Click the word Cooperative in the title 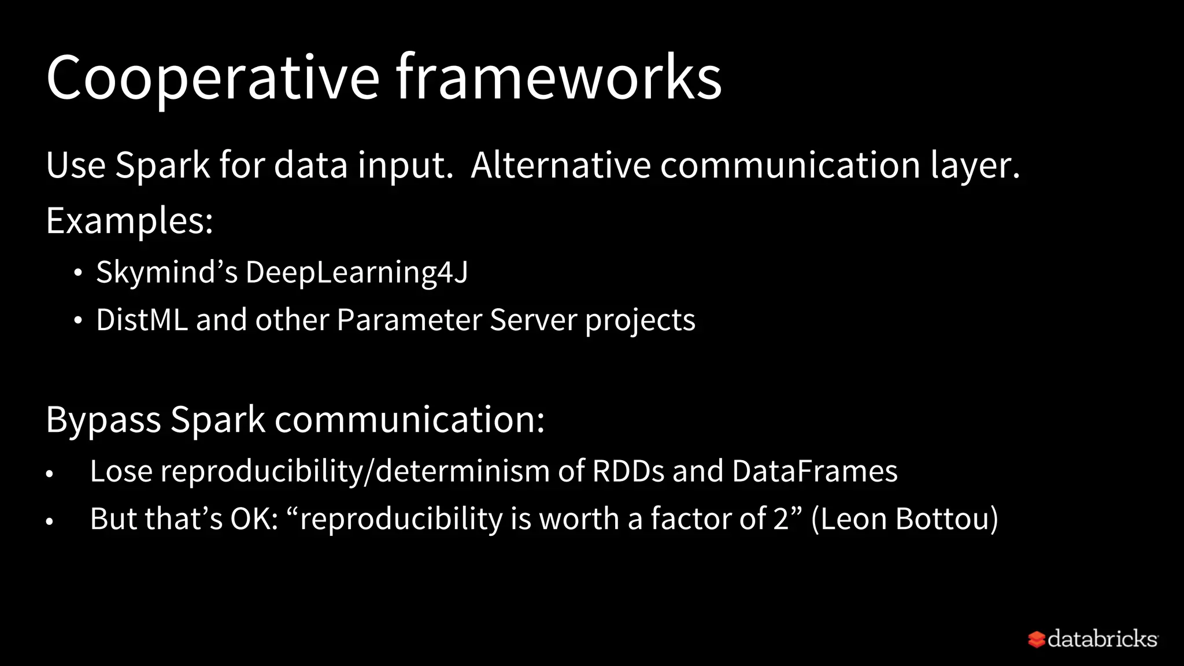click(212, 78)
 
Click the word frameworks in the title click(558, 78)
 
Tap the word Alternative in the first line click(561, 165)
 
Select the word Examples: click(129, 221)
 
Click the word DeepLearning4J click(357, 272)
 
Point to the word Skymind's click(166, 272)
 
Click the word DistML click(142, 320)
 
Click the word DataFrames click(815, 471)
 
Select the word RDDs click(628, 471)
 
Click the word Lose click(120, 471)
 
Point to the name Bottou click(946, 519)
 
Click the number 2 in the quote click(781, 519)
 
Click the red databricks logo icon click(1036, 639)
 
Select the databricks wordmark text click(1102, 639)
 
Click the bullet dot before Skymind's click(78, 273)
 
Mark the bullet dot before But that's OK click(50, 521)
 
